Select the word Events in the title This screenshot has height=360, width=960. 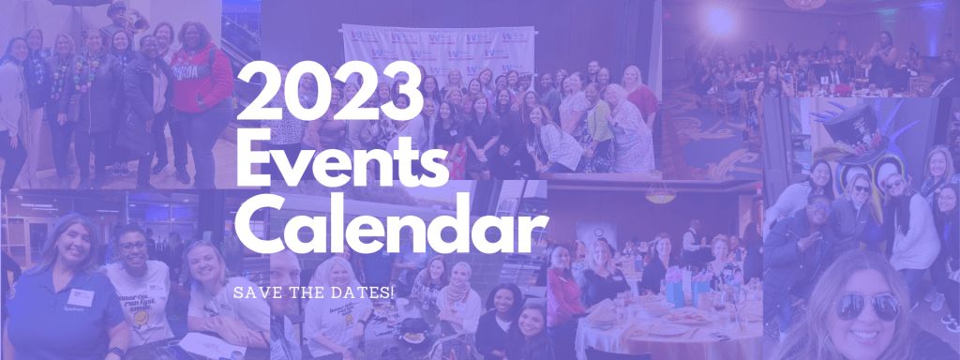click(x=342, y=157)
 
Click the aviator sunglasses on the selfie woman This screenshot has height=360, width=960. click(x=867, y=306)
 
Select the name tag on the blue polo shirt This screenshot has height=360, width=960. click(x=81, y=297)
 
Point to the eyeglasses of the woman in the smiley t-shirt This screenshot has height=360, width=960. click(x=133, y=247)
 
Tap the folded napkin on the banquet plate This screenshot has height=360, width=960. click(x=603, y=312)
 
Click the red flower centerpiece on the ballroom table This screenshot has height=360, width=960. click(x=845, y=89)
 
